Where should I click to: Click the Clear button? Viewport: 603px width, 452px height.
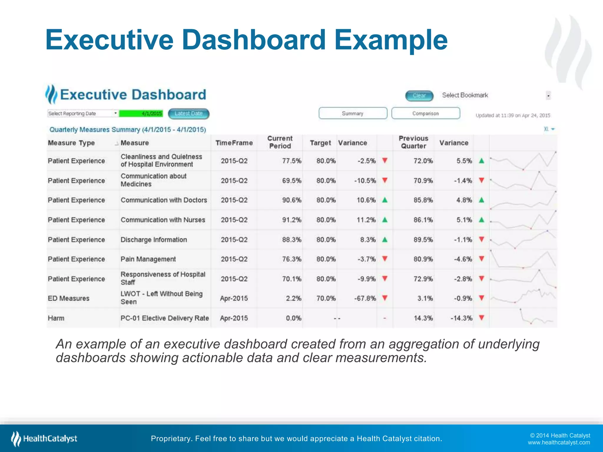[x=419, y=96]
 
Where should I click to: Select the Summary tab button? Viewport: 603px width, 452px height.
[x=353, y=113]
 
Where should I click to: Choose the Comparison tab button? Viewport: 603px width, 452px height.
[x=425, y=113]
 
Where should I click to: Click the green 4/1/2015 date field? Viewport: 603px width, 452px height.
[x=141, y=113]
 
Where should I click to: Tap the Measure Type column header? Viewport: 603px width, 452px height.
[x=71, y=143]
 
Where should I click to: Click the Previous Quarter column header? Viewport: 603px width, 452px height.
[x=413, y=142]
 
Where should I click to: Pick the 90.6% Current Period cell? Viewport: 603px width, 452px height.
[x=291, y=200]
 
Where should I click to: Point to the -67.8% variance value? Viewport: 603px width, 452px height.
[x=365, y=298]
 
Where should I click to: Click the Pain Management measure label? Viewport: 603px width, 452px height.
[x=148, y=259]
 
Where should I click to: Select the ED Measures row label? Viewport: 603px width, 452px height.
[x=69, y=298]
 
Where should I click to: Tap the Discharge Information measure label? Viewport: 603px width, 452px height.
[x=154, y=240]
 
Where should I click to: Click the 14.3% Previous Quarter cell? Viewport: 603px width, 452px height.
[x=423, y=318]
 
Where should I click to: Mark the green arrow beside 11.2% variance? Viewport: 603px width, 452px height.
[x=385, y=220]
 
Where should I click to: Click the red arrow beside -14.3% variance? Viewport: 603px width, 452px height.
[x=482, y=318]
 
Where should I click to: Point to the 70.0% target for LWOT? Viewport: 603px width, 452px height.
[x=326, y=298]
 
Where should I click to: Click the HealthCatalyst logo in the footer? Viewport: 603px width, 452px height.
[x=44, y=438]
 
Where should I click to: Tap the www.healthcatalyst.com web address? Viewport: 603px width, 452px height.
[x=559, y=443]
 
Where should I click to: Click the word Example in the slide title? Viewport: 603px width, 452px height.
[x=391, y=40]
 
